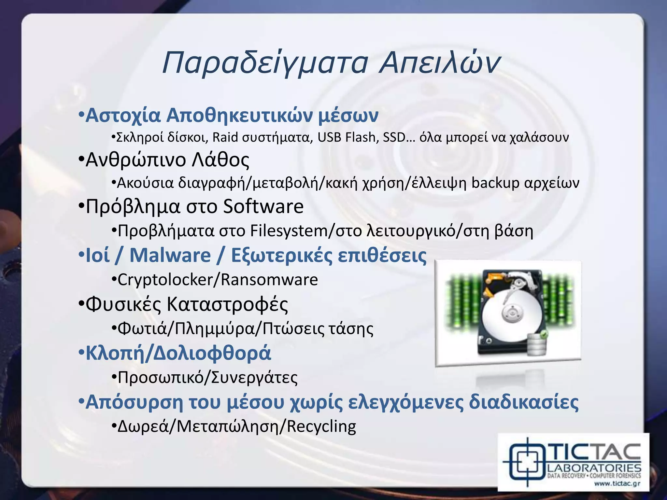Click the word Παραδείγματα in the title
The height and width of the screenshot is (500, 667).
[x=265, y=63]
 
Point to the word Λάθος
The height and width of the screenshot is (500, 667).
[x=220, y=160]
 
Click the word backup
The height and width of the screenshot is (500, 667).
[x=495, y=183]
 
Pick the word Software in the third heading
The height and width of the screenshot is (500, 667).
[x=263, y=206]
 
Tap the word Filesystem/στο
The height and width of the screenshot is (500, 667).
[x=306, y=231]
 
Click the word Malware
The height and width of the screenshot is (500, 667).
[x=170, y=255]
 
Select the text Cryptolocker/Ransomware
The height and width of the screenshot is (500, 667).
[x=218, y=280]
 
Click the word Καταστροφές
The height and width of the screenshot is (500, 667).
[x=227, y=304]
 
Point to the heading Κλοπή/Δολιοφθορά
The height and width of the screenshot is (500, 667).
[x=178, y=353]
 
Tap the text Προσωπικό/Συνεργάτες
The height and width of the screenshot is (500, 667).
[x=207, y=378]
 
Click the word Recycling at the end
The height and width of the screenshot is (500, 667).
[x=321, y=426]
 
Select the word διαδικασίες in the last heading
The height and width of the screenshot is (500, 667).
[x=524, y=402]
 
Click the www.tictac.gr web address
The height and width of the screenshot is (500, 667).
[x=617, y=483]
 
